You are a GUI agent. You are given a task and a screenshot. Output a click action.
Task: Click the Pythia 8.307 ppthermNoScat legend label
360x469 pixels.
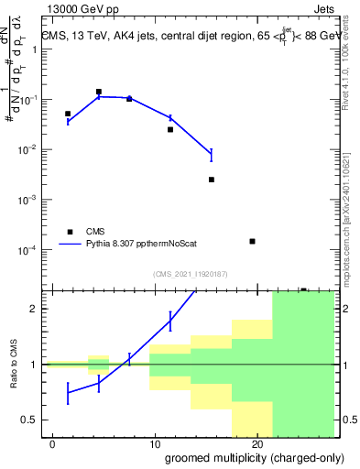coord(146,245)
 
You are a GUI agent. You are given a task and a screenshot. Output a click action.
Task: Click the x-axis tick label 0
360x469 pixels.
coord(53,444)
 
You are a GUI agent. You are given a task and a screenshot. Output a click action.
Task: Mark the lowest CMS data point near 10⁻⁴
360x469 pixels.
coord(252,241)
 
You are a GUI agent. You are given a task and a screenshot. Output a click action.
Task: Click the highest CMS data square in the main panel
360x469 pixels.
coord(99,92)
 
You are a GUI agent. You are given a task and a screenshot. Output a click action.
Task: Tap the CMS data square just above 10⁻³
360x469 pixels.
coord(212,180)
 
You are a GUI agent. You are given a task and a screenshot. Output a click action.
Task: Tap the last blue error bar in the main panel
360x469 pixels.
coord(212,155)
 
